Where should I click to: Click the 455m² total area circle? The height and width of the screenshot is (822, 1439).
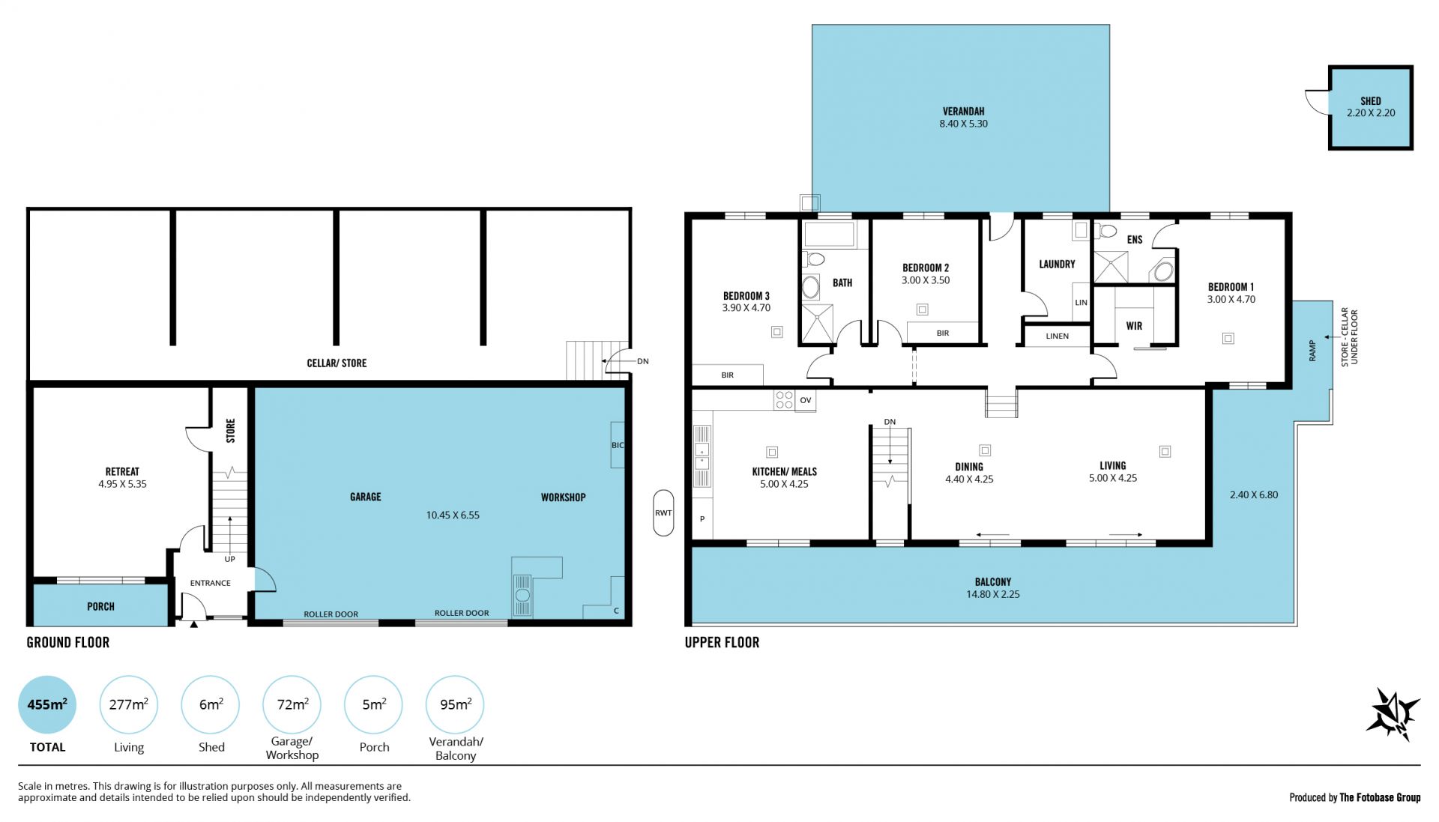pyautogui.click(x=47, y=704)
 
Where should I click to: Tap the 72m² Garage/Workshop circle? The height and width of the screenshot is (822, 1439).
pyautogui.click(x=292, y=704)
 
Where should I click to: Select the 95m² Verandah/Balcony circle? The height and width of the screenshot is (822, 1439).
pyautogui.click(x=455, y=704)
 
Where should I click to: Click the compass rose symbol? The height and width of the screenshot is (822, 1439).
pyautogui.click(x=1393, y=714)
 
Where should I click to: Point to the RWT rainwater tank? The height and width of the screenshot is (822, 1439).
pyautogui.click(x=663, y=513)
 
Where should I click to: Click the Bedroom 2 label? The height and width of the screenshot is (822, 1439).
pyautogui.click(x=926, y=268)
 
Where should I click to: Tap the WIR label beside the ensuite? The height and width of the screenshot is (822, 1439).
pyautogui.click(x=1134, y=326)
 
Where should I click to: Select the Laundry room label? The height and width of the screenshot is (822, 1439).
pyautogui.click(x=1057, y=264)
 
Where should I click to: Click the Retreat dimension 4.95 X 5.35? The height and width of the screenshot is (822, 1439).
pyautogui.click(x=122, y=484)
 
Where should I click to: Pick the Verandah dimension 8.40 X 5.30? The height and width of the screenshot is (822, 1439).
pyautogui.click(x=964, y=124)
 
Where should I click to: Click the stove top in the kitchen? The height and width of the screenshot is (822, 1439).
pyautogui.click(x=784, y=400)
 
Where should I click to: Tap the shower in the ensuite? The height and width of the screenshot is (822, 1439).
pyautogui.click(x=1110, y=268)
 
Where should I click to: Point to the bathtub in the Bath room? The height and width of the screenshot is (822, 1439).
pyautogui.click(x=829, y=235)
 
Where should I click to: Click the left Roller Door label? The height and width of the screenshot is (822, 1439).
pyautogui.click(x=331, y=614)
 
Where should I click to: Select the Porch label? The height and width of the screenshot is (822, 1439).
pyautogui.click(x=100, y=606)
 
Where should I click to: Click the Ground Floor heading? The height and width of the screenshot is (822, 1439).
pyautogui.click(x=68, y=642)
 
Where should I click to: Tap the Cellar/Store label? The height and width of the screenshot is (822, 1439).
pyautogui.click(x=337, y=363)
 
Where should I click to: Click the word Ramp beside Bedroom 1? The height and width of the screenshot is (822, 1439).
pyautogui.click(x=1312, y=351)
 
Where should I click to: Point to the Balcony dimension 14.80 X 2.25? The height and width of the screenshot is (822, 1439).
pyautogui.click(x=993, y=594)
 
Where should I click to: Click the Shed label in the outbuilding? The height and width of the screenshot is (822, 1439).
pyautogui.click(x=1371, y=100)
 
